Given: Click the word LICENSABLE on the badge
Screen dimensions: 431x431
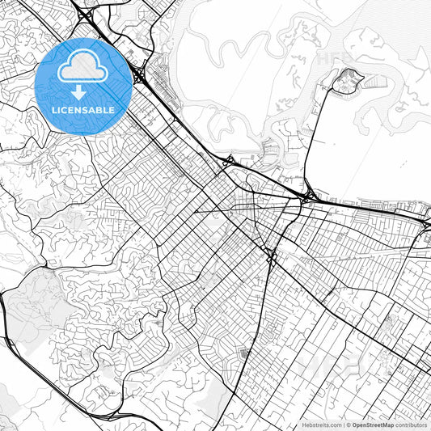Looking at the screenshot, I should point(83,109).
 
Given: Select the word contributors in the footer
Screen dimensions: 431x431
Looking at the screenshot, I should point(411,425).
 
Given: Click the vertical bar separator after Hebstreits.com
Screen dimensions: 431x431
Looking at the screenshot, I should point(343,425).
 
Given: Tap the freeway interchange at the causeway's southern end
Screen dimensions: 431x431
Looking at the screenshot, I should point(308,196).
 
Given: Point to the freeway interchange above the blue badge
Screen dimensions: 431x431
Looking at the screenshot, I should point(86,14).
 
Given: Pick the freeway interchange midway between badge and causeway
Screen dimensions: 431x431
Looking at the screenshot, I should point(229,162).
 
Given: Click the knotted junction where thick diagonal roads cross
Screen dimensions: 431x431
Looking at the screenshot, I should point(272,258).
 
